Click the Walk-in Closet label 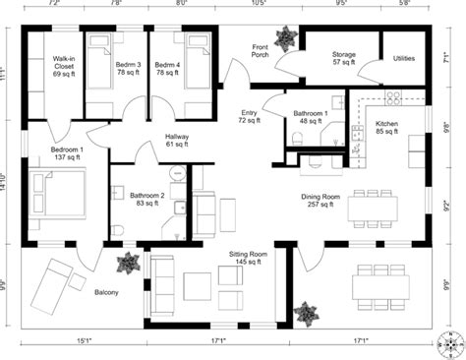(x=64, y=67)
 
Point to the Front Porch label (x=261, y=51)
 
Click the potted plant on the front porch (x=286, y=39)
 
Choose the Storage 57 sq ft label (x=343, y=59)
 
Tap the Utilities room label (x=403, y=59)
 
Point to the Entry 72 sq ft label (x=248, y=117)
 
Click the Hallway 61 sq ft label (x=177, y=141)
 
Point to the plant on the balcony (x=127, y=263)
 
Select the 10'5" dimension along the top (x=259, y=5)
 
